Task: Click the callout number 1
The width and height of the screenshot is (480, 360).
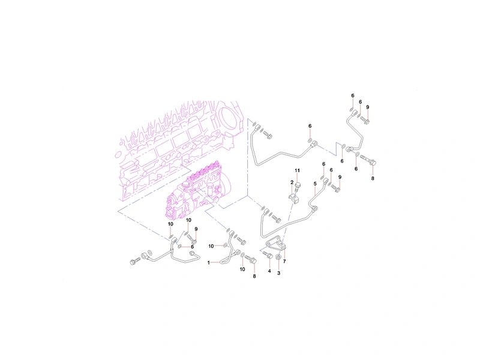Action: (x=209, y=263)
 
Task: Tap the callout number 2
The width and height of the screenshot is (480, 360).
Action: (x=292, y=182)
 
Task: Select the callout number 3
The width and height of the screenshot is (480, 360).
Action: (x=278, y=273)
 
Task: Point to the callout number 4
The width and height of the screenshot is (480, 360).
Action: (x=269, y=271)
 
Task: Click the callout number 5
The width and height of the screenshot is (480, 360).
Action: (x=315, y=184)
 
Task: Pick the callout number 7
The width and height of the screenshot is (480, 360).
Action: (x=284, y=262)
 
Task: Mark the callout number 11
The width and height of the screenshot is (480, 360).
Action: (x=297, y=170)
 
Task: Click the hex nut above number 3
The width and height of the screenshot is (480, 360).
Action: (x=278, y=257)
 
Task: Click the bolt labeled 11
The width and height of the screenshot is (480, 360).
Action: (x=298, y=187)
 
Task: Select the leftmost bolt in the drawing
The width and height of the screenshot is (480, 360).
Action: (x=136, y=261)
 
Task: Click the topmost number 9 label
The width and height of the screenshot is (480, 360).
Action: (x=368, y=107)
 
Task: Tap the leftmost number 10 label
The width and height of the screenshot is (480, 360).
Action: (x=170, y=224)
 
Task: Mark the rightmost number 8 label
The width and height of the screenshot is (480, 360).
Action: (x=373, y=178)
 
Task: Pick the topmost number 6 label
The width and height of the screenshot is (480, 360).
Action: (x=353, y=95)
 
